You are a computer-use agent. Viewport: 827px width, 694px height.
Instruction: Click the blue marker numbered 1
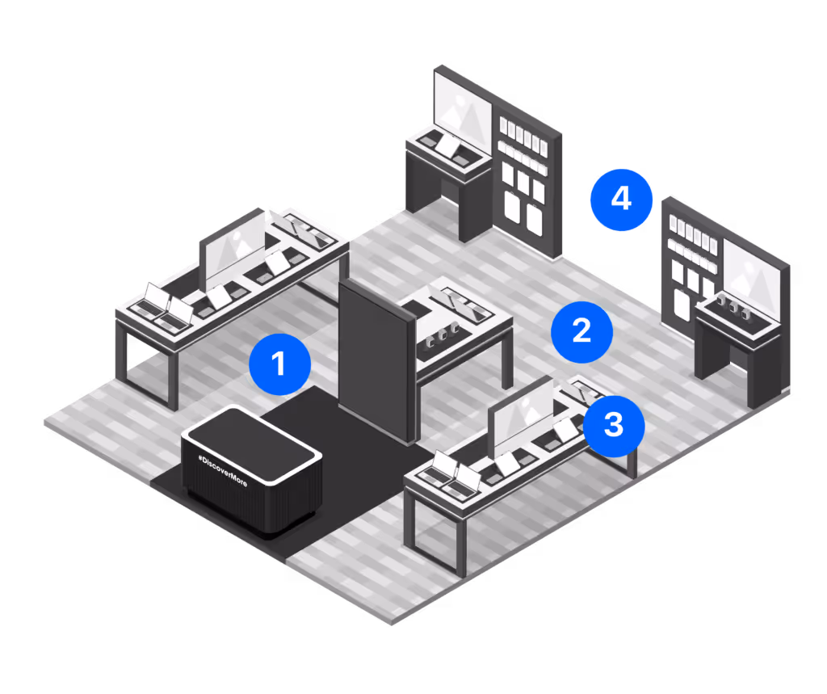pos(279,364)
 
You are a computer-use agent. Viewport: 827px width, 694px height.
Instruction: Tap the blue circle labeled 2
pos(581,331)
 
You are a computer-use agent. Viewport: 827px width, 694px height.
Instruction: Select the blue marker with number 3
pos(614,425)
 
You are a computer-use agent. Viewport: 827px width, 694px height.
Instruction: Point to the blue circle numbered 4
pos(620,199)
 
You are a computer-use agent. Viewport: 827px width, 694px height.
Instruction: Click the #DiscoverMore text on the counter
pos(223,469)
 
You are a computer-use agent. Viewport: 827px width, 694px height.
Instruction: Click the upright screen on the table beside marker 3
pos(523,417)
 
